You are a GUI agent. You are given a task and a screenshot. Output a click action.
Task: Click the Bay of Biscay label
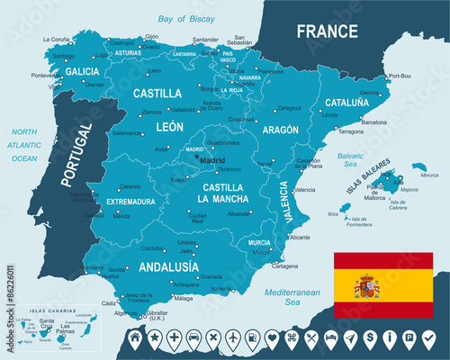[188, 19]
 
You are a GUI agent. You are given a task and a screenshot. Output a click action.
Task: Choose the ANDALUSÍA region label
[168, 266]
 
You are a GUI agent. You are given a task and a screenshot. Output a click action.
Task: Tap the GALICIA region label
[83, 71]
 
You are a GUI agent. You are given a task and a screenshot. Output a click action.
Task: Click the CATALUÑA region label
[347, 103]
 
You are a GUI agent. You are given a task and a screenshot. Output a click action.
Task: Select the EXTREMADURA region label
[130, 202]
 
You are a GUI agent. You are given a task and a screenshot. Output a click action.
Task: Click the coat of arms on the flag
[367, 287]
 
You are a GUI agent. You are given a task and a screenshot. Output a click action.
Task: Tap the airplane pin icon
[233, 338]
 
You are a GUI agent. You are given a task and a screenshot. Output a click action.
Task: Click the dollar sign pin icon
[370, 338]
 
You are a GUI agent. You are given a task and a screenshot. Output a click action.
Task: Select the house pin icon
[135, 338]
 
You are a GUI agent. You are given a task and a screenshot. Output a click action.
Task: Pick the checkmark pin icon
[428, 338]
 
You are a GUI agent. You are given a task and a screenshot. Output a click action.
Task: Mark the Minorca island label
[429, 175]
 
